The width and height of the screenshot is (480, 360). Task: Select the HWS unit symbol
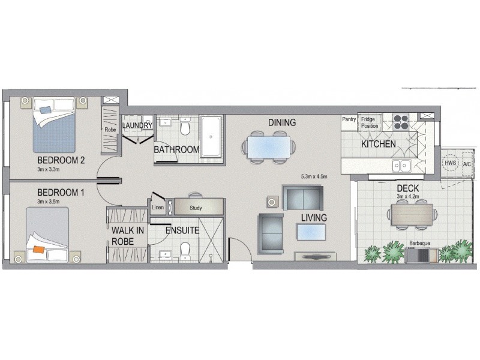pos(450,163)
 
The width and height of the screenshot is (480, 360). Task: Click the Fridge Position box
pos(370,123)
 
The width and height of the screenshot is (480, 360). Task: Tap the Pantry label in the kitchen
pos(349,119)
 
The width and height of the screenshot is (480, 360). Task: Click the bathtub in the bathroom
pos(210,136)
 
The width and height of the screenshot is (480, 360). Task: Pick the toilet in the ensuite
pos(185,247)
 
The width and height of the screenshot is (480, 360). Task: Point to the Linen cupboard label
pos(158,208)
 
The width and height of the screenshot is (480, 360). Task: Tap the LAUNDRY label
pos(137,125)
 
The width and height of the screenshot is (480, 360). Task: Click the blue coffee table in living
pos(311,231)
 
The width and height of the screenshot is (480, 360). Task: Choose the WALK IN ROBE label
pos(127,236)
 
